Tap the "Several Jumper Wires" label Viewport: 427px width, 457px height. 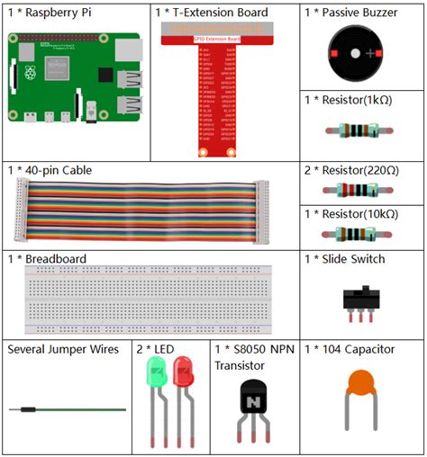pos(63,349)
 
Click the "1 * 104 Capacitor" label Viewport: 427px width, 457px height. pos(350,349)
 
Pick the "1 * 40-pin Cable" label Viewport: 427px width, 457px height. pos(50,170)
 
